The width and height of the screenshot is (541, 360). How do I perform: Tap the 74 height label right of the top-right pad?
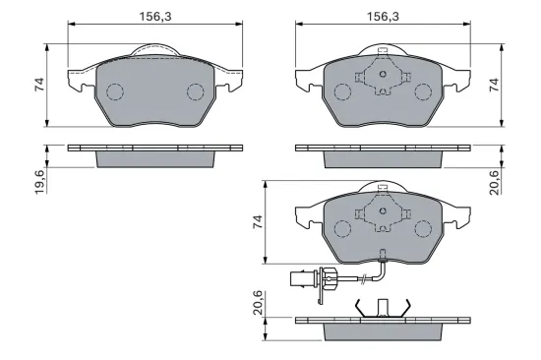509,86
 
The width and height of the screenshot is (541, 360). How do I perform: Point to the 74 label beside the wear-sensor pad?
257,223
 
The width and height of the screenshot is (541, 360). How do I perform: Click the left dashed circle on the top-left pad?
114,92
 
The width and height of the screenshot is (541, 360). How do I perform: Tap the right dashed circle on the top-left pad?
194,92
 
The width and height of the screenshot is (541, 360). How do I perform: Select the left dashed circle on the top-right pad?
342,92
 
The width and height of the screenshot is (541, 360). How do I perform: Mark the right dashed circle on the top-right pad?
422,92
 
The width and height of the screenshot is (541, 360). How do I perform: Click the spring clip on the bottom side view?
378,308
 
